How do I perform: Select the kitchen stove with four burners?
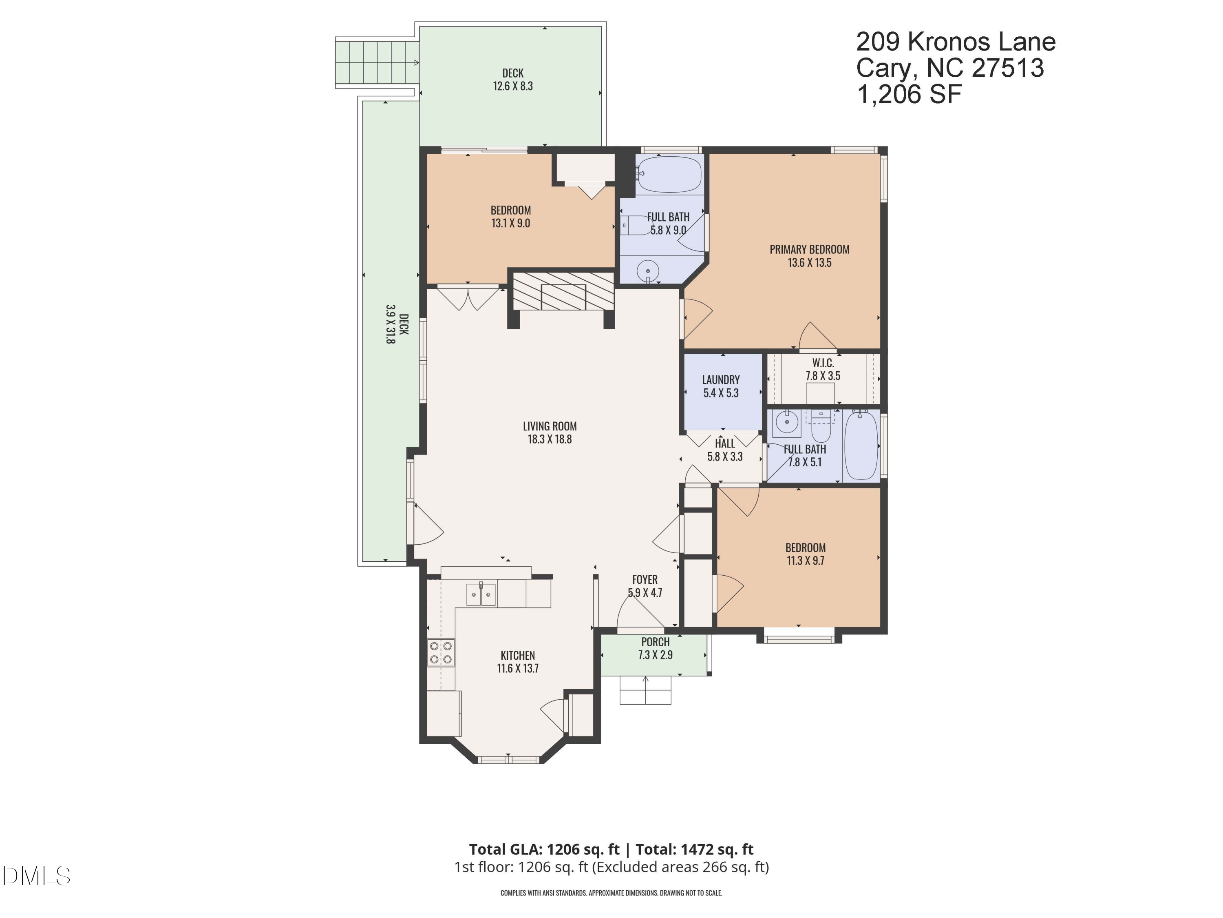(x=441, y=652)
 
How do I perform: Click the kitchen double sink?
(x=481, y=594)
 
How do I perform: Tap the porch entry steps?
(x=645, y=690)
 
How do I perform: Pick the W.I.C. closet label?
(x=823, y=364)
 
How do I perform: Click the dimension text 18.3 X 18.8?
(x=550, y=439)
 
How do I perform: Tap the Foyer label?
(x=645, y=580)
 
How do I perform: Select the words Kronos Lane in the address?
(x=981, y=42)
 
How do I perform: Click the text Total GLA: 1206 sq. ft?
(x=544, y=849)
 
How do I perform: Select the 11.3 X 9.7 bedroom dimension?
(x=805, y=561)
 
